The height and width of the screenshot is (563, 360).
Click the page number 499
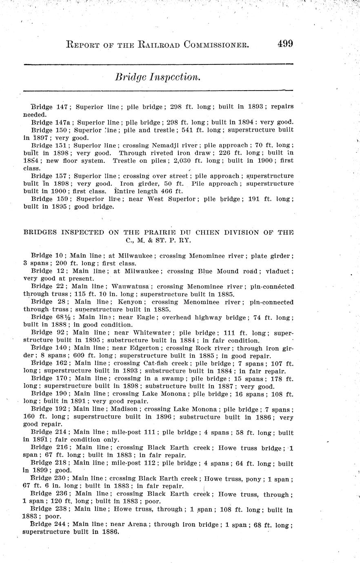pos(285,44)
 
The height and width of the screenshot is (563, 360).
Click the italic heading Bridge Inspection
pos(158,77)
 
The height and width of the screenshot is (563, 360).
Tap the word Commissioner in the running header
pos(216,44)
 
